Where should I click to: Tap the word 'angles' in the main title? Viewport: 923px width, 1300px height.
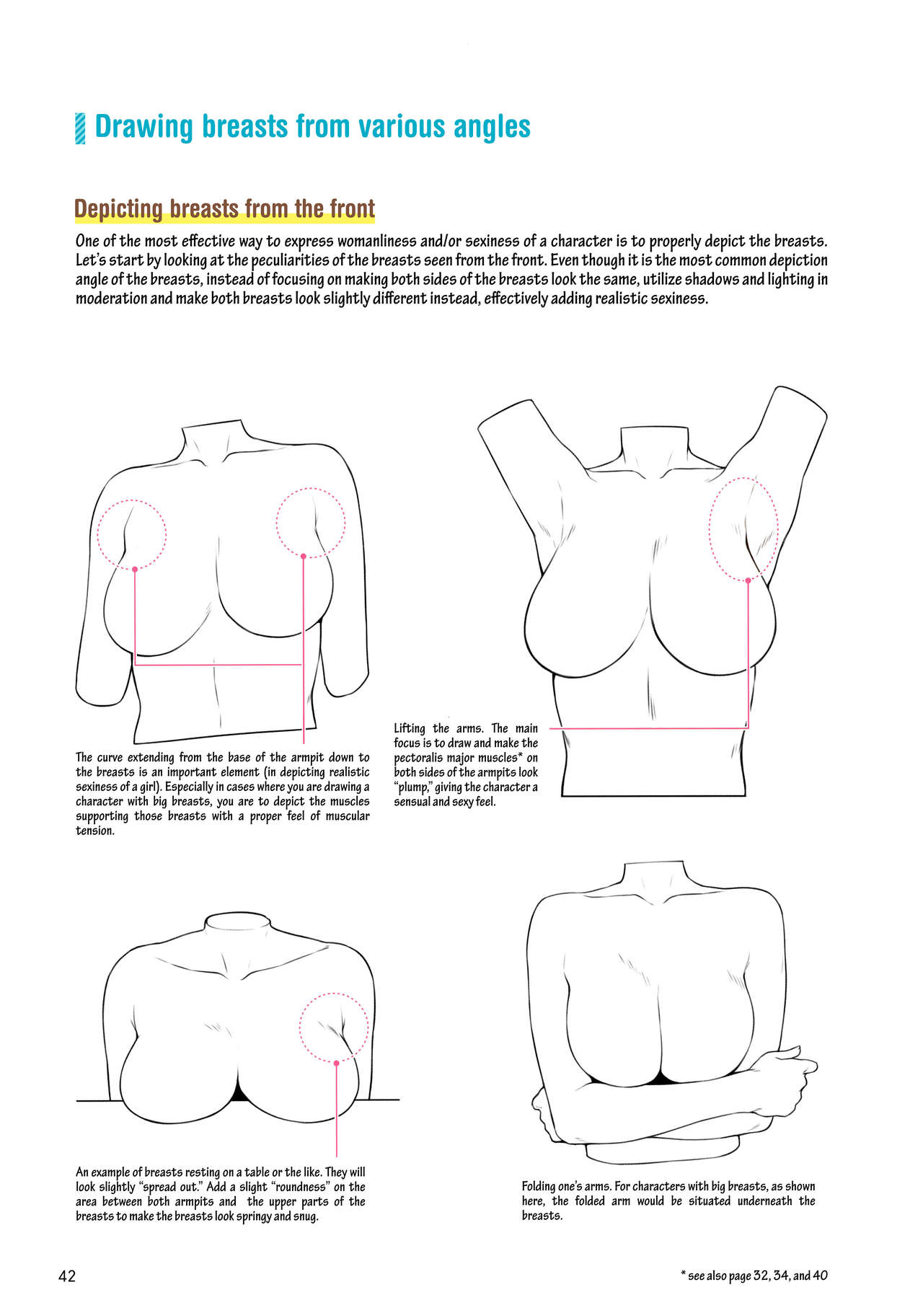(492, 128)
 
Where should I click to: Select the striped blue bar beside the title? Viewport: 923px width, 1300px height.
(80, 128)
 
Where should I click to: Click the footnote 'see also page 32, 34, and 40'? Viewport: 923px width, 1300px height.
(758, 1275)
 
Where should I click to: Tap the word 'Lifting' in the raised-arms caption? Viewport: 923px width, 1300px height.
(410, 728)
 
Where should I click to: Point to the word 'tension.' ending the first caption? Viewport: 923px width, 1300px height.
(95, 831)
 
